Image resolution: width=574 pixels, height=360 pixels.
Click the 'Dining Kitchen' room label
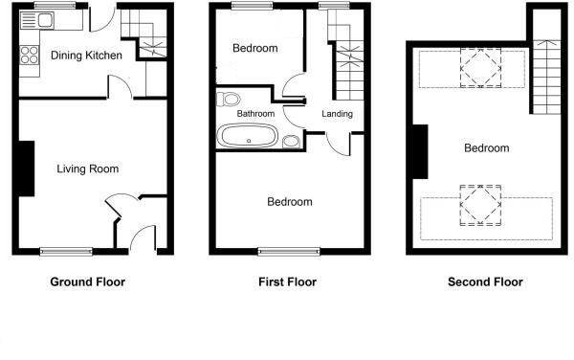click(86, 56)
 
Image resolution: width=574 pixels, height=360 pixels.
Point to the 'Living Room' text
click(87, 169)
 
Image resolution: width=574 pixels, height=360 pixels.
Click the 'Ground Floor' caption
click(87, 282)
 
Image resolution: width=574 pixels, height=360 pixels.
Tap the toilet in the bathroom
click(229, 99)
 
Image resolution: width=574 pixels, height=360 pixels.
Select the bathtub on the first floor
click(248, 137)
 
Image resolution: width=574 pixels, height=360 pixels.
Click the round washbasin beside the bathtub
click(291, 143)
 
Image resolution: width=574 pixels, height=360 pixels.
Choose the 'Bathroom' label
click(255, 114)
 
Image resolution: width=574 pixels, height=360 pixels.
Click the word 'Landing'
click(337, 114)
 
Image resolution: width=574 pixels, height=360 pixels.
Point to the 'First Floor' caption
click(287, 282)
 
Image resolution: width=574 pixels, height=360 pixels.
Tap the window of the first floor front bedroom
click(288, 252)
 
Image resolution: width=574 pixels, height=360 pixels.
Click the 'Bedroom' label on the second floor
click(486, 148)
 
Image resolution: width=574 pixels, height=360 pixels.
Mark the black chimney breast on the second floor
click(419, 151)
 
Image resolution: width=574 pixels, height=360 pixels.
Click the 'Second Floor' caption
click(486, 282)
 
